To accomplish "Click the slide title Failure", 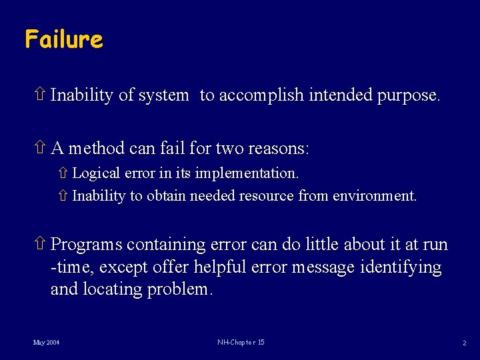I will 64,39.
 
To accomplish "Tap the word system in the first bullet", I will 163,95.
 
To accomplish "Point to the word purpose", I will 407,95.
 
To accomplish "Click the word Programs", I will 86,245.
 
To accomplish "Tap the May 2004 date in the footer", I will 46,343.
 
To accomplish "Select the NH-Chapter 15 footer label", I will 241,343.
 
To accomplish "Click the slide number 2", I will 464,343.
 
